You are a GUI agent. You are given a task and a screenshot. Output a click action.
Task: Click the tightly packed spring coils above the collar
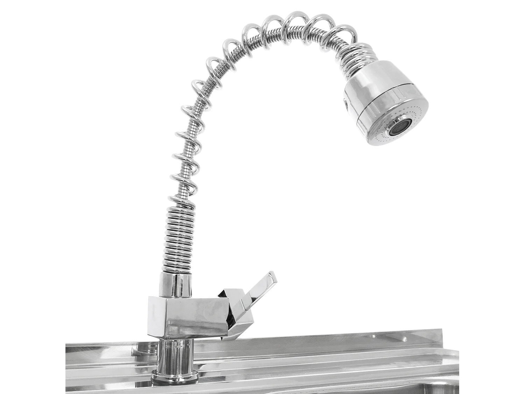(178, 238)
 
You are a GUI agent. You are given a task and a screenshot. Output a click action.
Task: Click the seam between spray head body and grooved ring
(385, 90)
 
